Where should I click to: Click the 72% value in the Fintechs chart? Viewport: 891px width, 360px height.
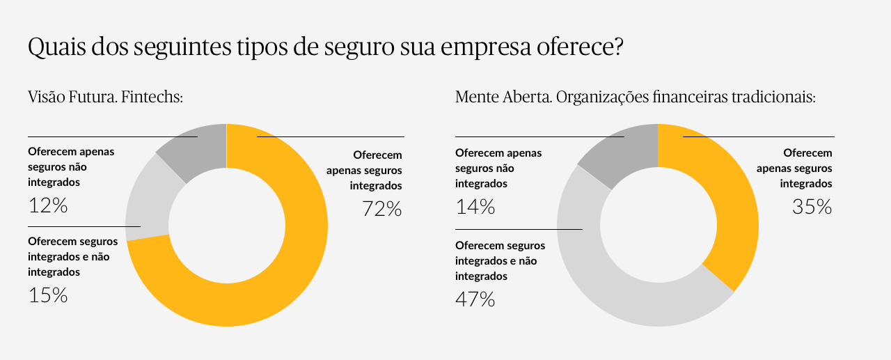pyautogui.click(x=382, y=208)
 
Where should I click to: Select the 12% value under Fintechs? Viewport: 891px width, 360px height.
pyautogui.click(x=48, y=205)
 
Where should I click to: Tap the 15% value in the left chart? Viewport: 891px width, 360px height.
pyautogui.click(x=48, y=295)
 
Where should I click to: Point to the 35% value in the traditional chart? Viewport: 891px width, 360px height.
pyautogui.click(x=812, y=207)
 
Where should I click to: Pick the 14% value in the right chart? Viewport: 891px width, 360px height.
pyautogui.click(x=475, y=207)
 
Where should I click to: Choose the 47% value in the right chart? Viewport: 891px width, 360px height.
pyautogui.click(x=475, y=299)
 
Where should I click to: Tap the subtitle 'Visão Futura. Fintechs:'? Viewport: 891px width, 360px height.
pyautogui.click(x=105, y=97)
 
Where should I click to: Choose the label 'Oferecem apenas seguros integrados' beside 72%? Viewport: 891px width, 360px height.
pyautogui.click(x=364, y=170)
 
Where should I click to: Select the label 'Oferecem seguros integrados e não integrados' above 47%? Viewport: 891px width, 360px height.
pyautogui.click(x=500, y=260)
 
